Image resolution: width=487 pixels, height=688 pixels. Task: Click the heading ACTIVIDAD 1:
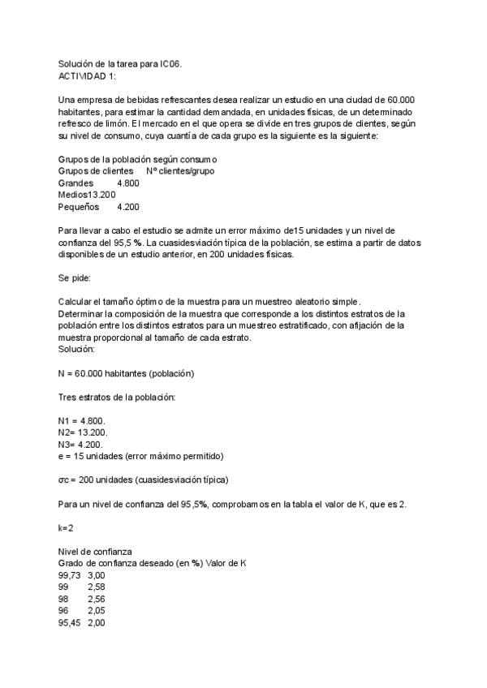tap(87, 75)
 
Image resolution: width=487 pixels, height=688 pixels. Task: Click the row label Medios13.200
tap(87, 195)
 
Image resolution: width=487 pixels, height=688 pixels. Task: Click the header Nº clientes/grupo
tap(180, 172)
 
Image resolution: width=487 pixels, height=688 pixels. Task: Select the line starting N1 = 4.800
tap(82, 419)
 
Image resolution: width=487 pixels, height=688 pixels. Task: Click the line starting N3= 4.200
tap(82, 444)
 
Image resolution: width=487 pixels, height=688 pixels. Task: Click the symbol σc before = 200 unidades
tap(64, 479)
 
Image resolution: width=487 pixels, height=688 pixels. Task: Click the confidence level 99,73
tap(69, 574)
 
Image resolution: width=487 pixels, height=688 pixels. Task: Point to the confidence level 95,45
tap(69, 622)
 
